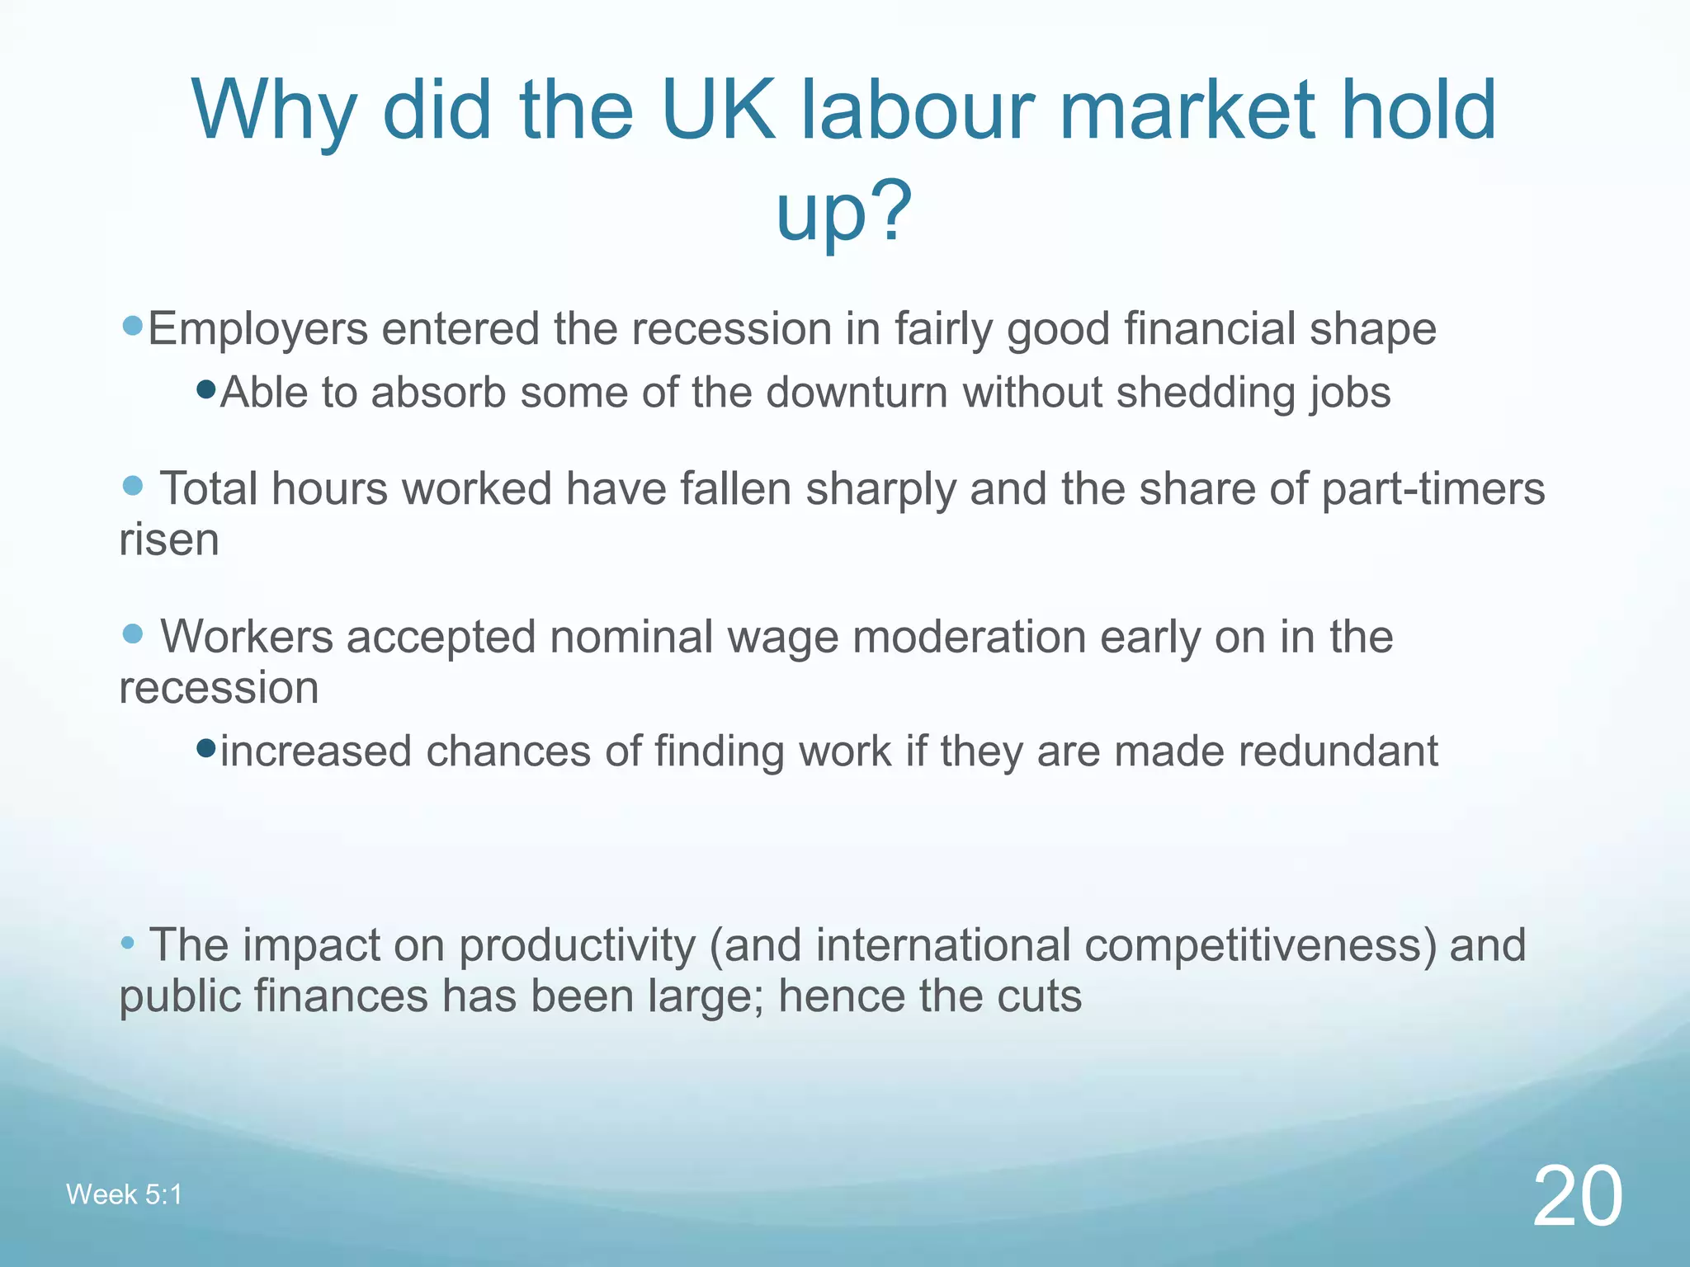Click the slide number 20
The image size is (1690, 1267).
pyautogui.click(x=1577, y=1196)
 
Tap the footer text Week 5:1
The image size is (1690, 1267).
pyautogui.click(x=124, y=1194)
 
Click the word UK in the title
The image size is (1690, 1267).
pyautogui.click(x=718, y=110)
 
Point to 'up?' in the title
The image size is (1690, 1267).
pyautogui.click(x=843, y=210)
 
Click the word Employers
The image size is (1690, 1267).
pyautogui.click(x=257, y=329)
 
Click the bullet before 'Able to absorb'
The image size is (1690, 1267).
pyautogui.click(x=206, y=388)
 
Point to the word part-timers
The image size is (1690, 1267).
pyautogui.click(x=1433, y=488)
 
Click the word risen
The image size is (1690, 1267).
pyautogui.click(x=169, y=540)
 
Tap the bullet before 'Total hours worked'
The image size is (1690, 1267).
pyautogui.click(x=132, y=485)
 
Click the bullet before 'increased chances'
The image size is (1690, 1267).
pyautogui.click(x=206, y=748)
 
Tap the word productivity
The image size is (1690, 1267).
pyautogui.click(x=577, y=945)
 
